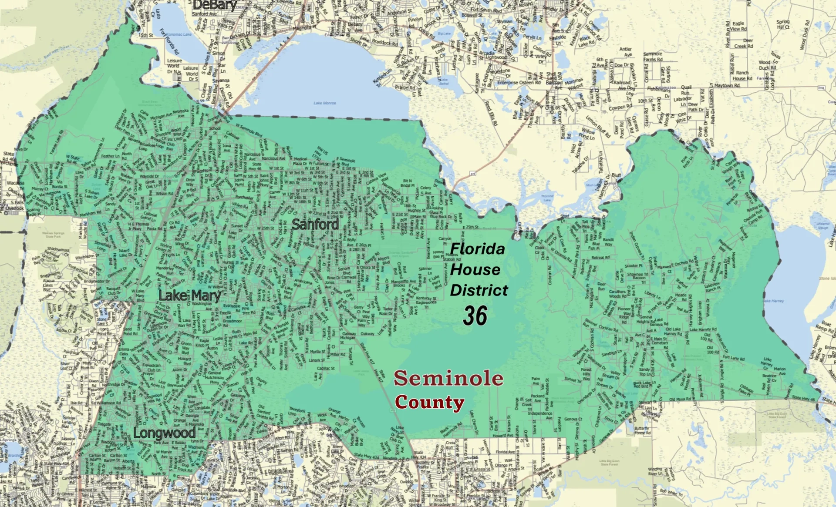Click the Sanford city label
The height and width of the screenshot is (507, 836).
[x=315, y=225]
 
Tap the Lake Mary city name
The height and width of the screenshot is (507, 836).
[x=189, y=296]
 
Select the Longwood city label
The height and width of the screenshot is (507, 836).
[x=164, y=433]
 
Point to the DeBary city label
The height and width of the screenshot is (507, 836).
[x=215, y=5]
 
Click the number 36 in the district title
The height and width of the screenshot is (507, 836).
[x=475, y=316]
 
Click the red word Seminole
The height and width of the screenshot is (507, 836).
[x=448, y=378]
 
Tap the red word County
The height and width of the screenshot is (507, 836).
[x=429, y=402]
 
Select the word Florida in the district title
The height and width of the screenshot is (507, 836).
[x=478, y=249]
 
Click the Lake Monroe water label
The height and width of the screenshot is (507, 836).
[x=325, y=103]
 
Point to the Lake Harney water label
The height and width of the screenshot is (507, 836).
[x=773, y=301]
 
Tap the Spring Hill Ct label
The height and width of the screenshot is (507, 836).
[x=783, y=24]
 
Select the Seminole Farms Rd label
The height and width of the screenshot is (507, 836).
[x=653, y=57]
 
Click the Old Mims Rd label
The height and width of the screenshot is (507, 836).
[x=680, y=399]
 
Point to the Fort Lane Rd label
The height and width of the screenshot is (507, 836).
[x=734, y=358]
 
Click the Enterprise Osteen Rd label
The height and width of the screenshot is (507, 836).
[x=519, y=82]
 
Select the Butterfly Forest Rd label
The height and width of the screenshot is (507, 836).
[x=642, y=431]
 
